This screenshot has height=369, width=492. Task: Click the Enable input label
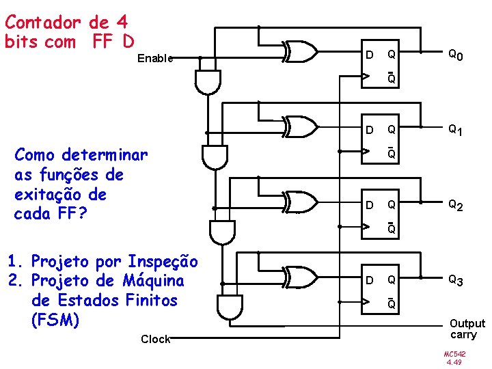[x=155, y=59]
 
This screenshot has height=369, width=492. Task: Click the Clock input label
[x=155, y=339]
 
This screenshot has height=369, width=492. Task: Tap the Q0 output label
[x=456, y=55]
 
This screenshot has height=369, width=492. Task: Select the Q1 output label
[x=456, y=130]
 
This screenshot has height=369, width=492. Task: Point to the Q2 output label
[x=456, y=204]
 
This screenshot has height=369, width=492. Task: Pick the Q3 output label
[x=456, y=279]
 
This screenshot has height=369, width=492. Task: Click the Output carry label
[x=467, y=329]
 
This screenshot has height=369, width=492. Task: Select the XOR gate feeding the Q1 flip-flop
[x=300, y=126]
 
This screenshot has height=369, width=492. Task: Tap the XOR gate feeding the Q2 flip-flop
[x=300, y=202]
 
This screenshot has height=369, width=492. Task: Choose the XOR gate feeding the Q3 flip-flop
[x=300, y=277]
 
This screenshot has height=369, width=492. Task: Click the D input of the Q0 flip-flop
[x=369, y=54]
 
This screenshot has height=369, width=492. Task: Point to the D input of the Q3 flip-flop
[x=369, y=279]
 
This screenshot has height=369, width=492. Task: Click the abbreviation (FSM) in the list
[x=52, y=319]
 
